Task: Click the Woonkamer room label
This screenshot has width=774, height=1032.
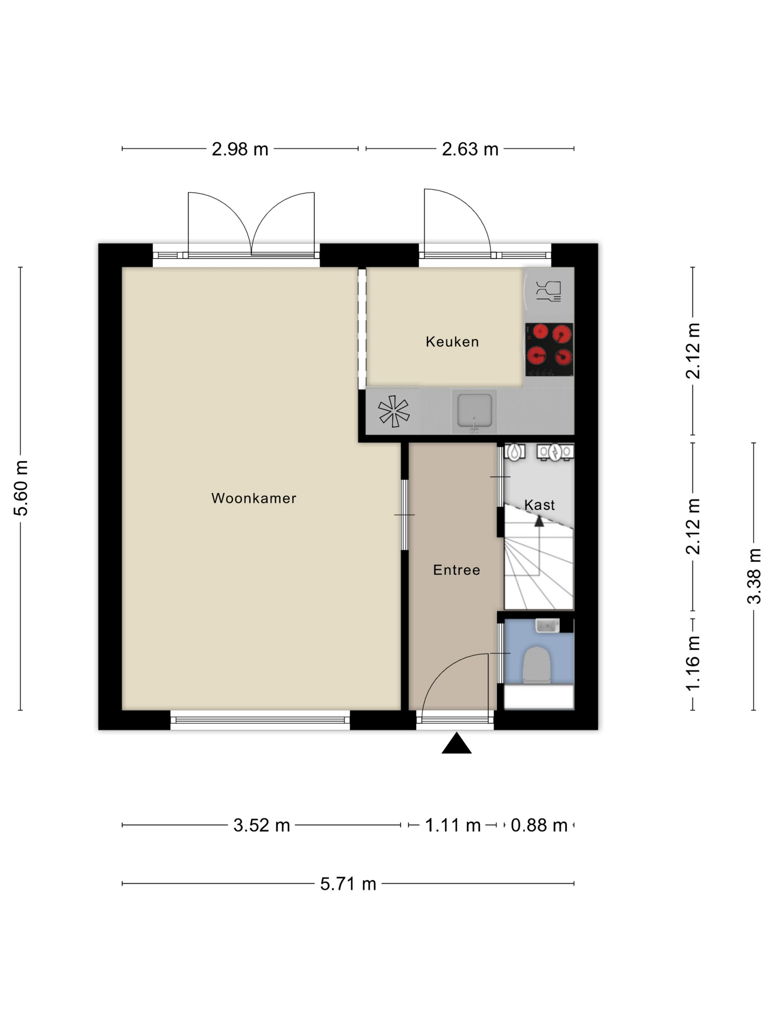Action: coord(253,498)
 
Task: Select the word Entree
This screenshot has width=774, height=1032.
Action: coord(456,570)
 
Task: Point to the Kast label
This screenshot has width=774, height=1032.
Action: coord(539,505)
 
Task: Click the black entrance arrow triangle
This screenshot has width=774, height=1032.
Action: coord(456,743)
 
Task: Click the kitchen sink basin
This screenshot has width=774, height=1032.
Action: coord(474,411)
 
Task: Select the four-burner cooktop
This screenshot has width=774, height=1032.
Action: coord(549,349)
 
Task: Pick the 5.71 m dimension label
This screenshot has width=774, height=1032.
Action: coord(348,883)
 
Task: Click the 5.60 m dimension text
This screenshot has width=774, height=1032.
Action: coord(21,488)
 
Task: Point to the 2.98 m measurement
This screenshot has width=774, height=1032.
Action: coord(240,149)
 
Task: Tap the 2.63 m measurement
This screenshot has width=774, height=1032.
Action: coord(470,149)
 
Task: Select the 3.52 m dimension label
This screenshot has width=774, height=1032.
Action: coord(261,825)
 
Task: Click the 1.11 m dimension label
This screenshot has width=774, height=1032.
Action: coord(453,825)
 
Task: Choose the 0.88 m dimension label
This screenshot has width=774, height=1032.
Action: coord(539,825)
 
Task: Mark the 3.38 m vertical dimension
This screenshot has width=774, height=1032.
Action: coord(754,576)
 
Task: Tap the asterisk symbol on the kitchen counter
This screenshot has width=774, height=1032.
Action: coord(393,411)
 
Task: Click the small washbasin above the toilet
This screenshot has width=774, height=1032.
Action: coord(547,625)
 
